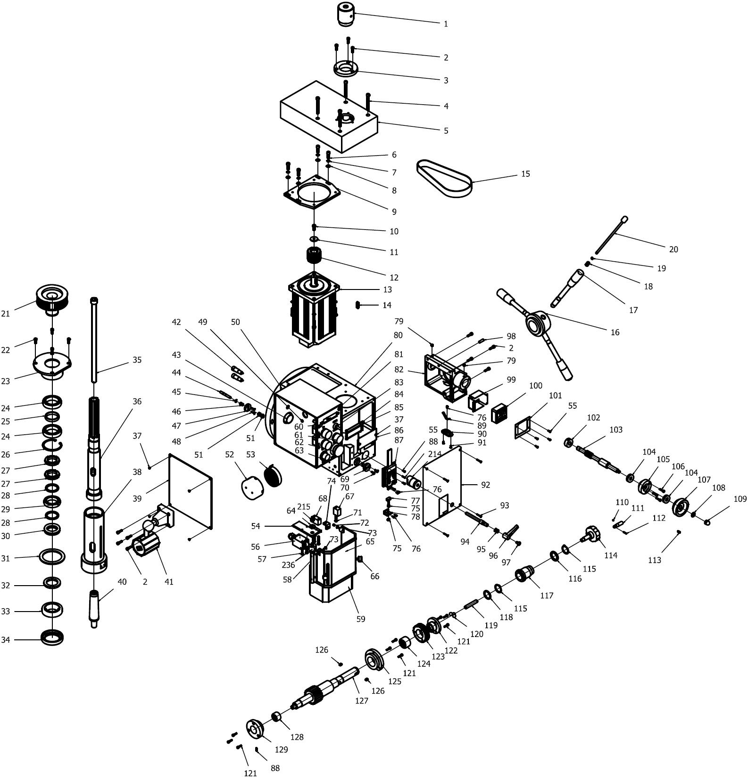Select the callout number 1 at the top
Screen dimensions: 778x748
pyautogui.click(x=446, y=24)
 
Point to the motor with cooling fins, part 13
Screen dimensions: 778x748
pyautogui.click(x=314, y=311)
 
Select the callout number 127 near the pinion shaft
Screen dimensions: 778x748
pyautogui.click(x=362, y=701)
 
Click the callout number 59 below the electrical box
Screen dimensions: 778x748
pyautogui.click(x=361, y=619)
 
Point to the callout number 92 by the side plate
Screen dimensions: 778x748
pyautogui.click(x=485, y=485)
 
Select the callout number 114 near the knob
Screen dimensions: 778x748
pyautogui.click(x=610, y=555)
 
